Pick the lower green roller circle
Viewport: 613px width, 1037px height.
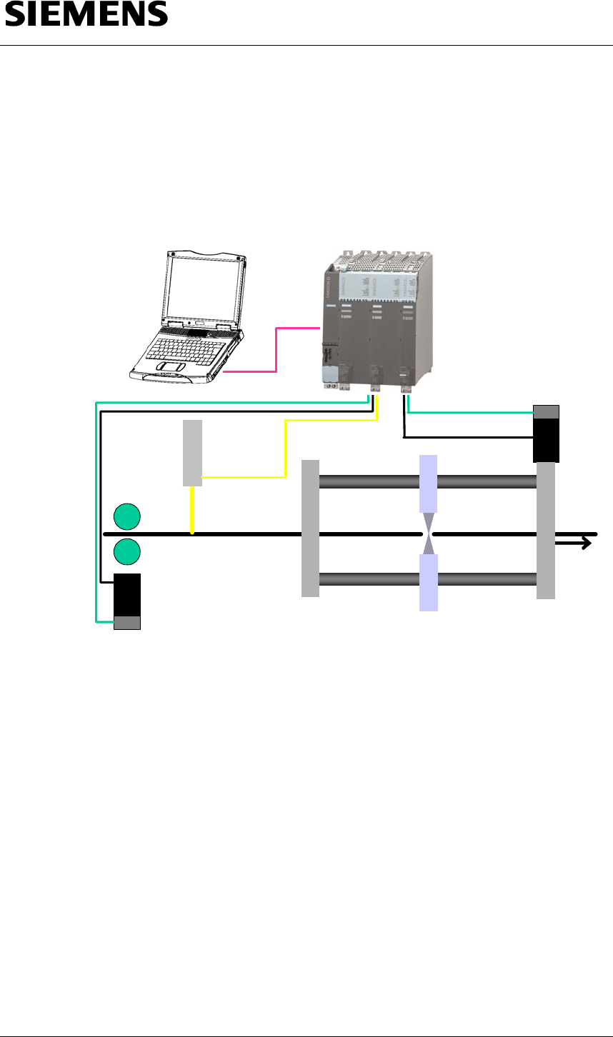click(127, 551)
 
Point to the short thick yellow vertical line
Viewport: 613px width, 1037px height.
click(192, 510)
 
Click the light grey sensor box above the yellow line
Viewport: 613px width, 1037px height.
click(193, 453)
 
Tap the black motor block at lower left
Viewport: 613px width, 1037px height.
click(127, 593)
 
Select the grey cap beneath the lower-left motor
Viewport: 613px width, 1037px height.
click(127, 622)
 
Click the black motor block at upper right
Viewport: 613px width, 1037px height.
click(547, 440)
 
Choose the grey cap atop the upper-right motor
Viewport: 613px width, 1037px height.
click(547, 412)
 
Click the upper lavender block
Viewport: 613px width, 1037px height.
click(428, 483)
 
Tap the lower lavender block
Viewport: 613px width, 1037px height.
click(428, 583)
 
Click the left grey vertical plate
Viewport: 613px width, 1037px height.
click(310, 528)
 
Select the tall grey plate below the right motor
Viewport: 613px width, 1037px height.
click(546, 530)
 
